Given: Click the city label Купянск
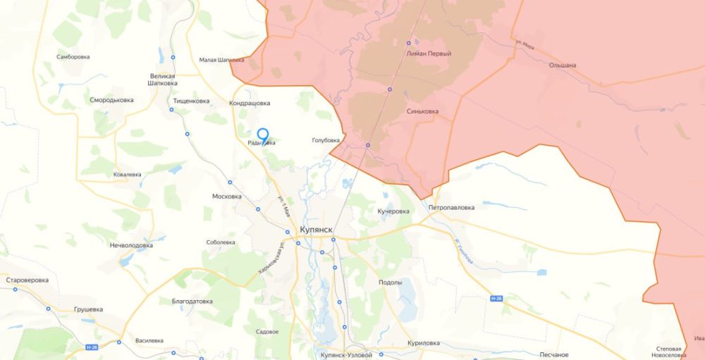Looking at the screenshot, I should click(x=315, y=230).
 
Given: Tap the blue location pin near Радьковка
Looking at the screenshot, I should click(x=262, y=135).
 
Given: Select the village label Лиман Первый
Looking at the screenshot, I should click(x=429, y=54).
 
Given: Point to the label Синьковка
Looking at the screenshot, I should click(x=423, y=111).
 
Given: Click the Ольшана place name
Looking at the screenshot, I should click(x=563, y=66).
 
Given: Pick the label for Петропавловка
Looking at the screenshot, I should click(x=451, y=208).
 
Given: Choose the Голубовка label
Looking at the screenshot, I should click(x=327, y=141).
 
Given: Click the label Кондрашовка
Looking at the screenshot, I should click(x=250, y=104).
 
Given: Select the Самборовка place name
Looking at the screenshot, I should click(x=72, y=56).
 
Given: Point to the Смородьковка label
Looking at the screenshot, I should click(x=112, y=100).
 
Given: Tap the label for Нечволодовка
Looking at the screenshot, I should click(x=130, y=245).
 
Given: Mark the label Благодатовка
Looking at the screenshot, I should click(x=192, y=301).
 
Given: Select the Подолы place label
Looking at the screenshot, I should click(x=390, y=282).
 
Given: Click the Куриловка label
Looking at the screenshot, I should click(x=424, y=343).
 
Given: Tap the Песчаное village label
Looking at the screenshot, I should click(x=553, y=354).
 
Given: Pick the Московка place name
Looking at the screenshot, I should click(x=227, y=197).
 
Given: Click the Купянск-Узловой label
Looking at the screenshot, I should click(x=345, y=355).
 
